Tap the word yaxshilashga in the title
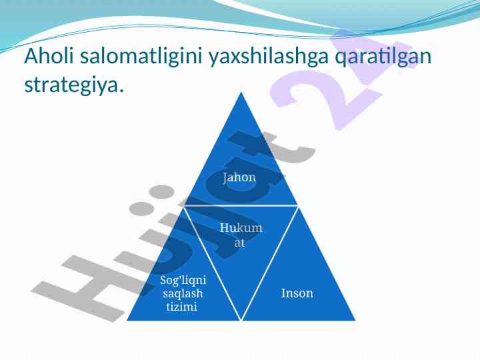269,57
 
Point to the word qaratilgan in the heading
383,57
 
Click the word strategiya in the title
71,85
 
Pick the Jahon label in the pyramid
239,177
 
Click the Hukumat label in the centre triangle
241,235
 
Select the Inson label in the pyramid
297,293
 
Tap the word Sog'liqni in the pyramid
183,281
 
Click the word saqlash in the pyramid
183,293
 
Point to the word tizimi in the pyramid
182,306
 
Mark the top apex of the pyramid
241,92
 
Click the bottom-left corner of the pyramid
127,321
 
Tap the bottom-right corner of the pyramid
355,321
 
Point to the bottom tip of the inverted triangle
241,320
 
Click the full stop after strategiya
121,91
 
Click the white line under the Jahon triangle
241,206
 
